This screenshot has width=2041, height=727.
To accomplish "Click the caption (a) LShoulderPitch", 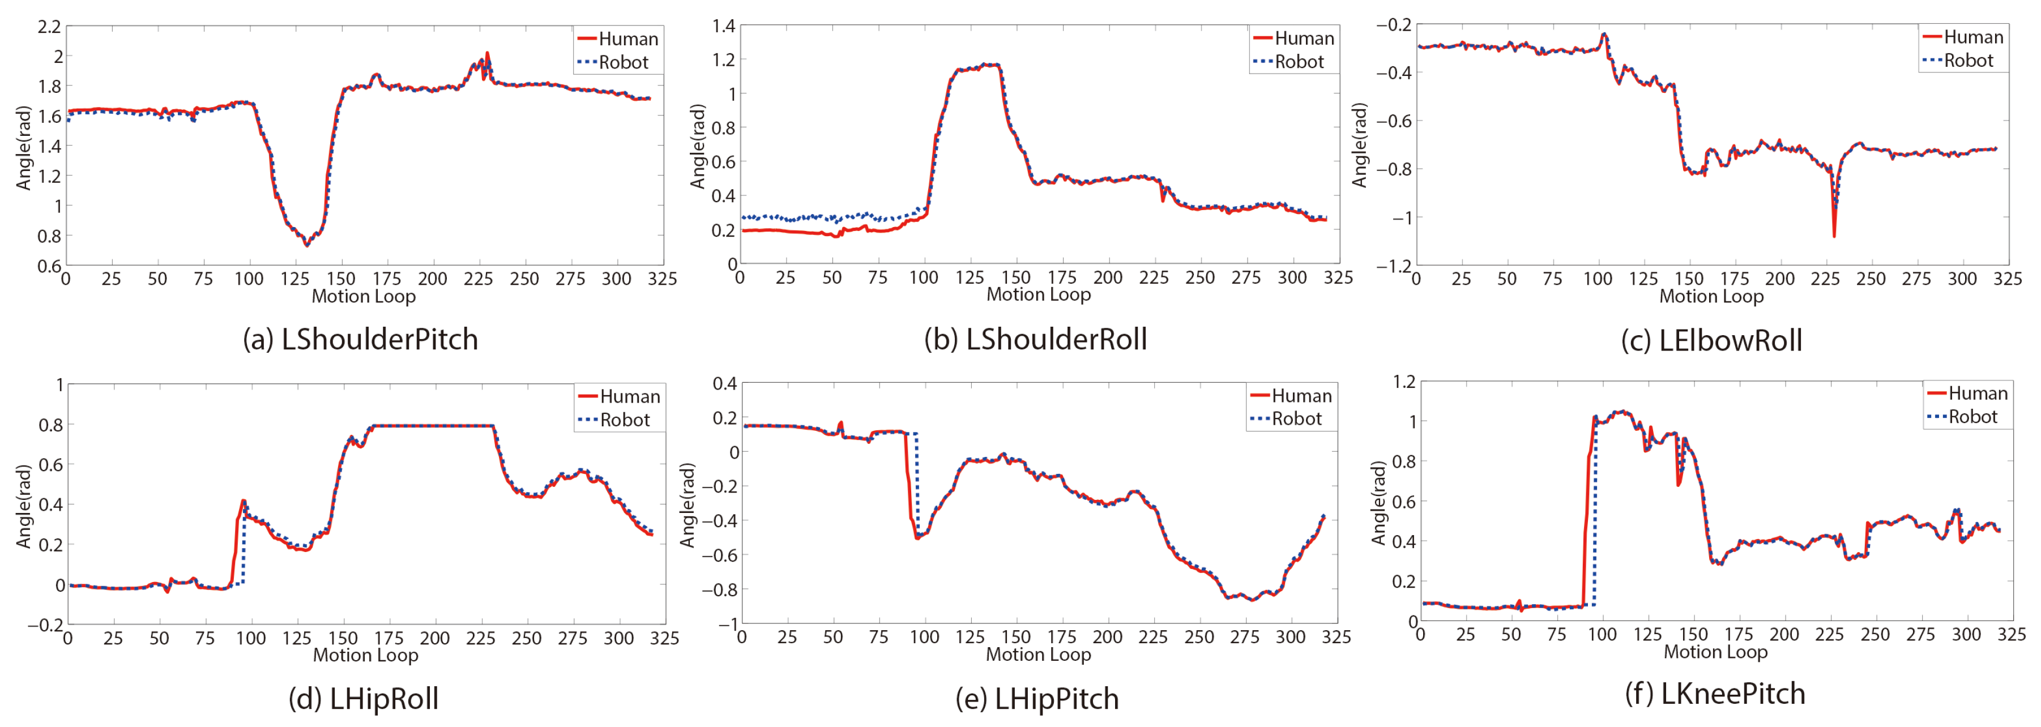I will (361, 340).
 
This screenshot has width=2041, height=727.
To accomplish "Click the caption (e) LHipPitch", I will (1037, 699).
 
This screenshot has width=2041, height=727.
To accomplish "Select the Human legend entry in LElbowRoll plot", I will (1962, 37).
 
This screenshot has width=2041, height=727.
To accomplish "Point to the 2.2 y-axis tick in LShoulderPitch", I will (49, 27).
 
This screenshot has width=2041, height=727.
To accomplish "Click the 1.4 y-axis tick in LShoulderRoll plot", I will (723, 26).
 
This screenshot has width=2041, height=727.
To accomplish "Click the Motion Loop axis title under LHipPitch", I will (1038, 654).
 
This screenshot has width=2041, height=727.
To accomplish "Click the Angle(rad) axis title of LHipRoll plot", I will (24, 506).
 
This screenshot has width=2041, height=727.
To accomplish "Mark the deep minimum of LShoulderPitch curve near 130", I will (306, 244).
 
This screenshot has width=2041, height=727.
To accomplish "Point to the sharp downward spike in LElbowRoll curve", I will (1833, 234).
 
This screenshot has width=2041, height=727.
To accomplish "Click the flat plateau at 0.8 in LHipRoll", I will (432, 426).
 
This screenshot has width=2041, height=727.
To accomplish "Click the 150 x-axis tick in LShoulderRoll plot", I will (1016, 277).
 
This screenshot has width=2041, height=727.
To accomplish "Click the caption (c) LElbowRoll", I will (1711, 340).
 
